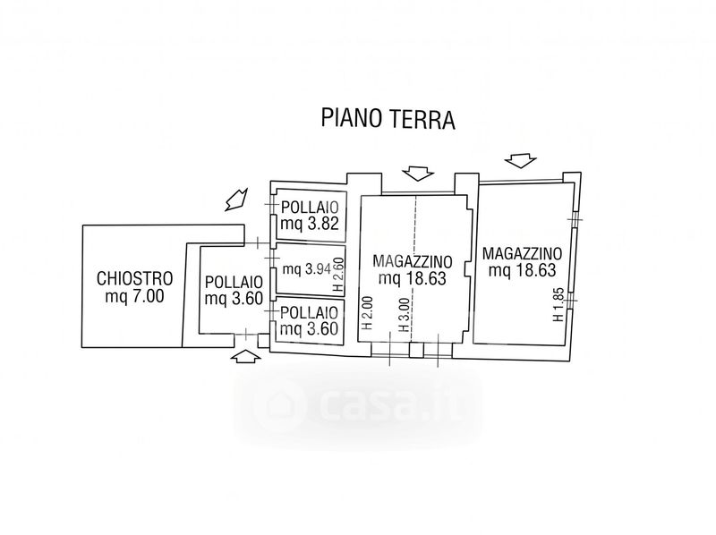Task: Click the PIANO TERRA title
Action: pyautogui.click(x=388, y=118)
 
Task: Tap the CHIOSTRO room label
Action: pyautogui.click(x=135, y=278)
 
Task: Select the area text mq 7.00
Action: pyautogui.click(x=135, y=296)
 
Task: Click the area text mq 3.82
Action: pyautogui.click(x=310, y=224)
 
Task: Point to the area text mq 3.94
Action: pyautogui.click(x=306, y=269)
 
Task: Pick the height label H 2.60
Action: pyautogui.click(x=338, y=275)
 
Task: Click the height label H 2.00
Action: pyautogui.click(x=367, y=313)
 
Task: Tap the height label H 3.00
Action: pyautogui.click(x=404, y=315)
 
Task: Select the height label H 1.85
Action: pyautogui.click(x=558, y=304)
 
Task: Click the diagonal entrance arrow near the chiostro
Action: pyautogui.click(x=236, y=200)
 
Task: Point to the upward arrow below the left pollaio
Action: pyautogui.click(x=246, y=356)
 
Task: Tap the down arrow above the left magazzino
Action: pyautogui.click(x=418, y=174)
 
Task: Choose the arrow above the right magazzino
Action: pyautogui.click(x=521, y=161)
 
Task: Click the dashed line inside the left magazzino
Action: pyautogui.click(x=414, y=269)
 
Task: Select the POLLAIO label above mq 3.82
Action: pyautogui.click(x=310, y=208)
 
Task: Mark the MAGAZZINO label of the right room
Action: pyautogui.click(x=522, y=253)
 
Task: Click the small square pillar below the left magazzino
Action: pyautogui.click(x=416, y=351)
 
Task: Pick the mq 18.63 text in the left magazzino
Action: pyautogui.click(x=412, y=278)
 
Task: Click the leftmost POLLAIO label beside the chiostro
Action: pyautogui.click(x=234, y=282)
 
